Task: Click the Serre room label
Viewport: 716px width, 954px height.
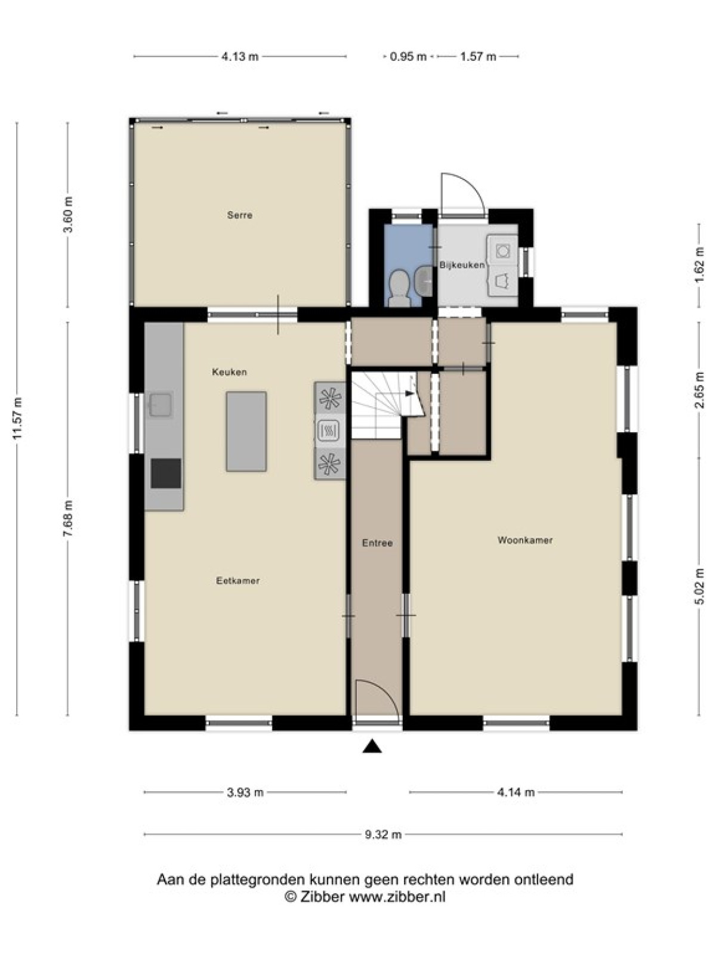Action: (239, 215)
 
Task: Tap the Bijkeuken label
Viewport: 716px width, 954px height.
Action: (462, 265)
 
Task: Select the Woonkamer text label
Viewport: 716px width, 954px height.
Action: (525, 540)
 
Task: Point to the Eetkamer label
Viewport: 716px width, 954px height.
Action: (238, 581)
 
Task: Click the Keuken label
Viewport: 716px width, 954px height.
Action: (230, 372)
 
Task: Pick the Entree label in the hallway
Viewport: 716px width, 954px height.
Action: (377, 543)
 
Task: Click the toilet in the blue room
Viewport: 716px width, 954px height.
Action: (399, 288)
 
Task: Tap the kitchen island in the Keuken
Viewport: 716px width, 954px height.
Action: (246, 431)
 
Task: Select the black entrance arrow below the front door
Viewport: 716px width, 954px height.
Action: (372, 747)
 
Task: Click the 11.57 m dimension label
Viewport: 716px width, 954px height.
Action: (18, 418)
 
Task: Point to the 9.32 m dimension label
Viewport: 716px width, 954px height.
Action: (383, 834)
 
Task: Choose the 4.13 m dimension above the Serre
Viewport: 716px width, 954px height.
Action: (240, 57)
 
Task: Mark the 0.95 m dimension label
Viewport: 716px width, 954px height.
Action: (408, 57)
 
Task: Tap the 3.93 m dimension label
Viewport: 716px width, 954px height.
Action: (245, 792)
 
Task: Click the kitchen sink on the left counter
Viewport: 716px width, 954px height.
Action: (161, 404)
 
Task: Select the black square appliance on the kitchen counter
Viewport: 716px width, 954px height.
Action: (166, 473)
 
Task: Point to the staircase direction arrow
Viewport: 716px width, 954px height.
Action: (409, 393)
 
